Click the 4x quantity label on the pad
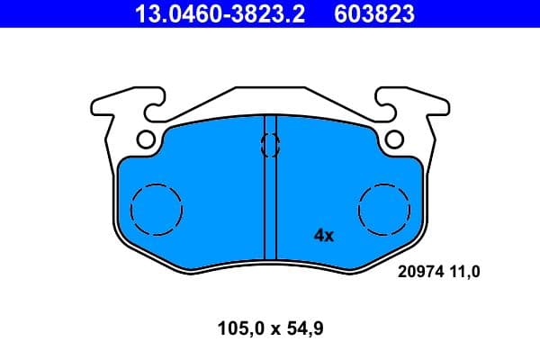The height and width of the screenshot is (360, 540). click(323, 236)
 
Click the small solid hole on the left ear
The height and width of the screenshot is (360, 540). click(146, 139)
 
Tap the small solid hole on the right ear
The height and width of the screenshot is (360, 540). click(393, 139)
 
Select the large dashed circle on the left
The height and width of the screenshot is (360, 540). click(157, 209)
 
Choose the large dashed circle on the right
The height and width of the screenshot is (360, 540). click(384, 209)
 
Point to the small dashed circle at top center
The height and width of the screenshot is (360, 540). click(269, 144)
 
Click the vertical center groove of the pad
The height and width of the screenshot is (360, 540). click(269, 207)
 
